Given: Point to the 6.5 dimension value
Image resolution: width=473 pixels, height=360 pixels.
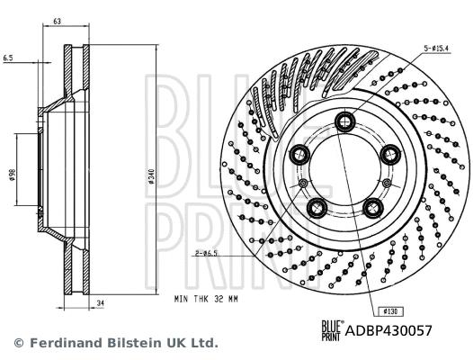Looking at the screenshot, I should [x=7, y=57].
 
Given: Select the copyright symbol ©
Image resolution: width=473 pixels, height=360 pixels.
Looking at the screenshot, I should [x=17, y=344].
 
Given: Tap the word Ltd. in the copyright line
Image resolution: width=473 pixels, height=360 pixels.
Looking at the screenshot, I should [x=203, y=344].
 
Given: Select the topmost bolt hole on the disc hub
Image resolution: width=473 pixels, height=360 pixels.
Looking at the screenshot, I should [x=345, y=123].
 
